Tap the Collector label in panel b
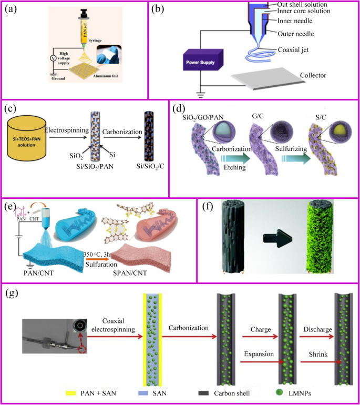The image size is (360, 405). pyautogui.click(x=311, y=75)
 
